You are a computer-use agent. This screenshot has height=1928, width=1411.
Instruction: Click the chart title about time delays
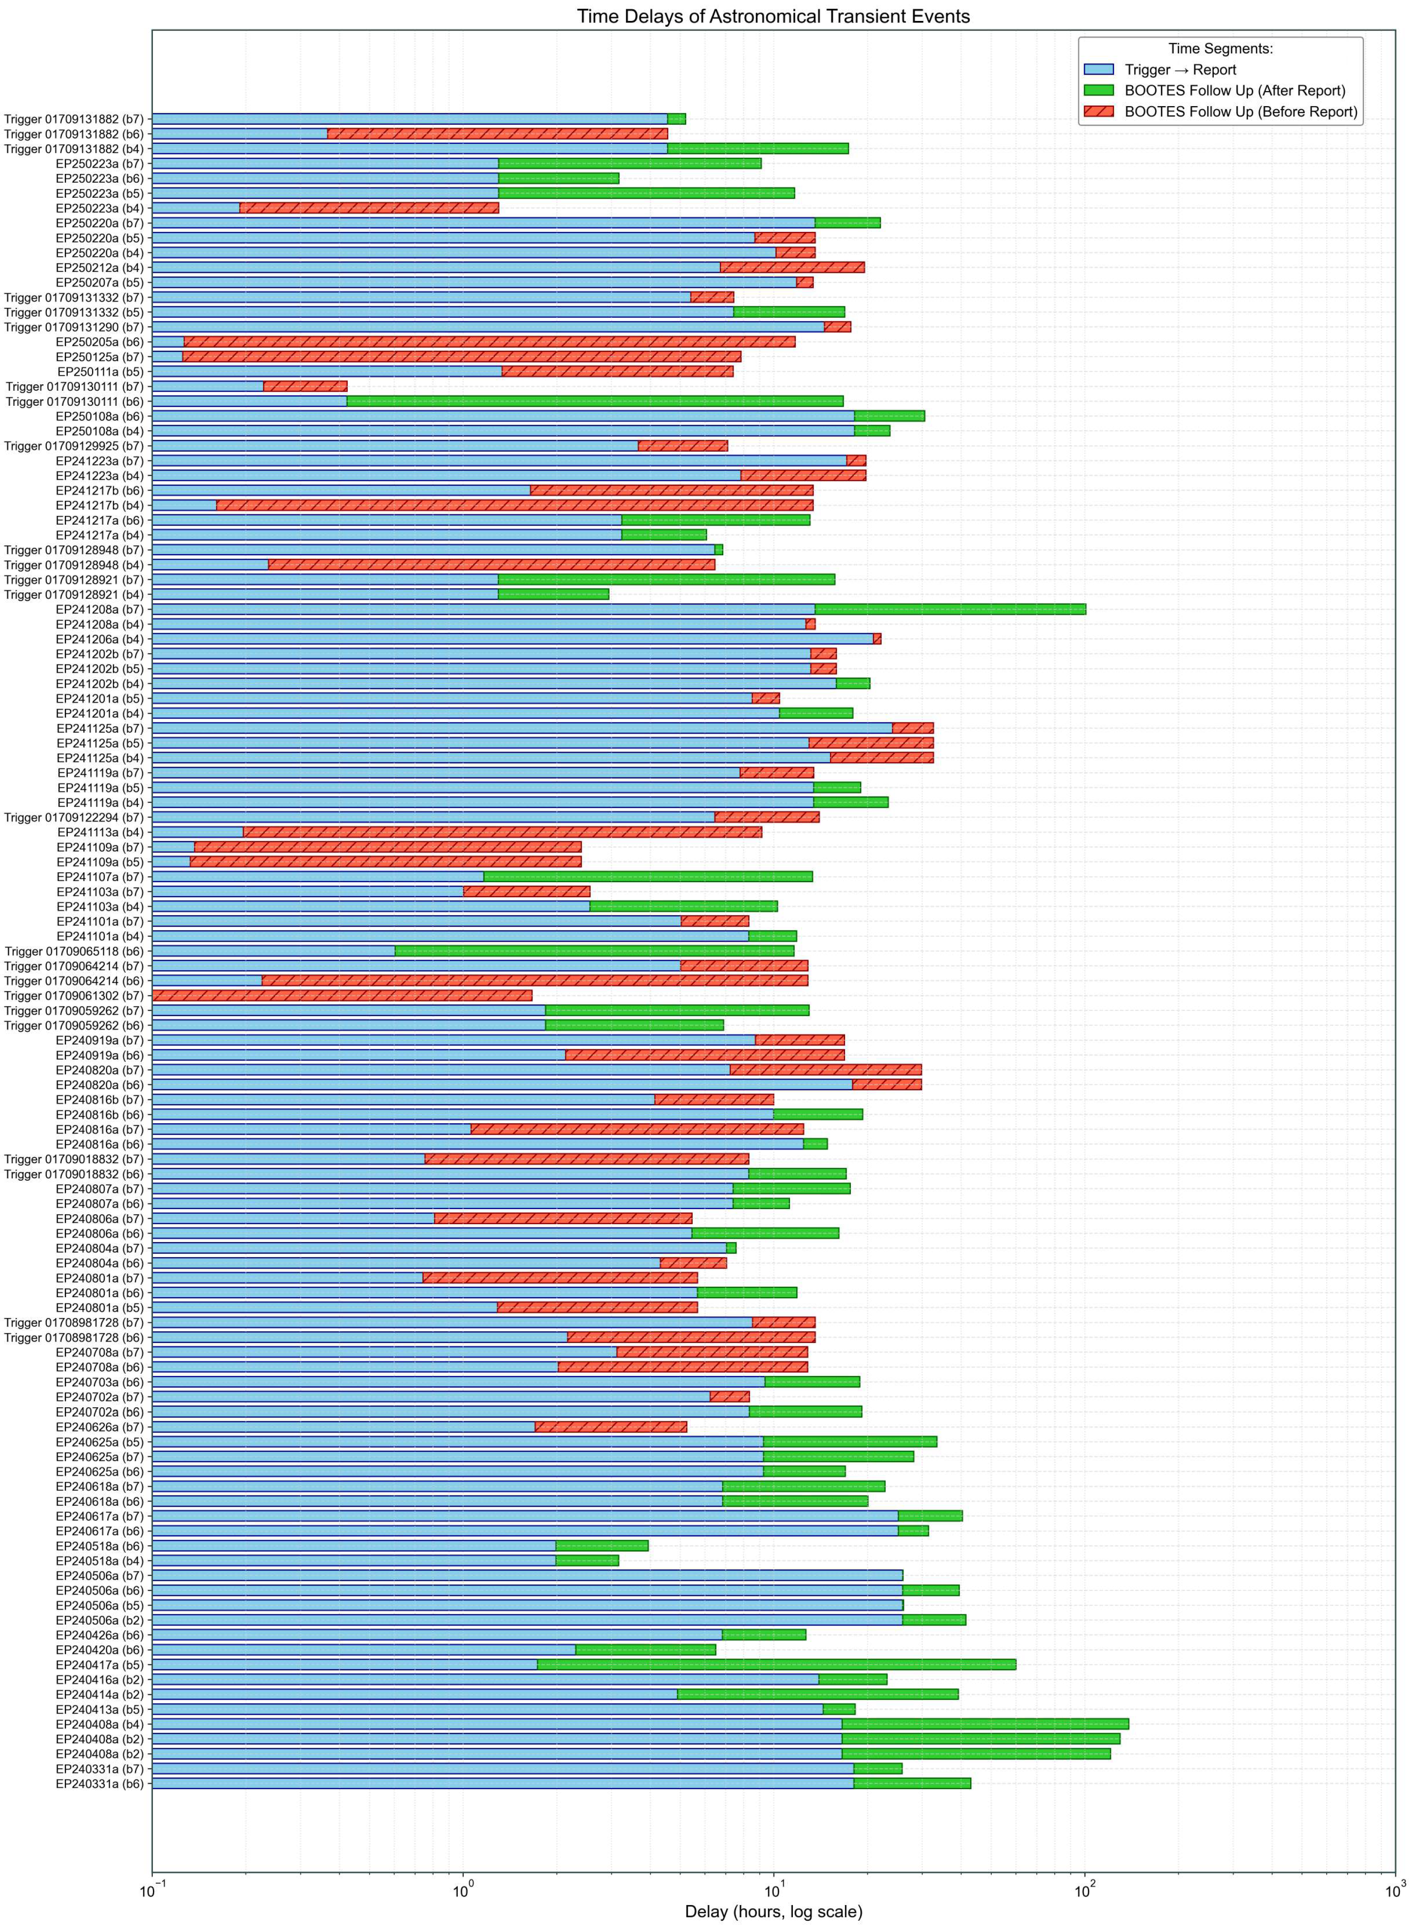773,16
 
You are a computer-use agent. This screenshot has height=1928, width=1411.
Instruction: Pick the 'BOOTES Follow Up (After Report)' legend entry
1234,91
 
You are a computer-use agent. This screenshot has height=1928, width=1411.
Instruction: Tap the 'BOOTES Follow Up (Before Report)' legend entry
1240,112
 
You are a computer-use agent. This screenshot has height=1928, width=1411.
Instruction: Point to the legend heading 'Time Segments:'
1220,49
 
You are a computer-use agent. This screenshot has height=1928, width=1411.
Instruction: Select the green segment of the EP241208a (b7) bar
950,609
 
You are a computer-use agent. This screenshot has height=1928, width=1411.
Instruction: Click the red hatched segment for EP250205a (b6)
489,341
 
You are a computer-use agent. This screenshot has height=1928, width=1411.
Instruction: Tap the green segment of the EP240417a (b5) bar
776,1664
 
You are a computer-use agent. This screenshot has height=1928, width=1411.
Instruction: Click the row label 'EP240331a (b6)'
100,1784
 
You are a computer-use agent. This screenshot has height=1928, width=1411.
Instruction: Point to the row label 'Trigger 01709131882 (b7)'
75,120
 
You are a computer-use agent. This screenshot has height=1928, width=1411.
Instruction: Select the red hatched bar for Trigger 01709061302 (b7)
341,995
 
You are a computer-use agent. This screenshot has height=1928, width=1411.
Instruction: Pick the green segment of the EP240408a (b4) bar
985,1724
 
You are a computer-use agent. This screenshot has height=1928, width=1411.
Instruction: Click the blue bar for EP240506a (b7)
527,1575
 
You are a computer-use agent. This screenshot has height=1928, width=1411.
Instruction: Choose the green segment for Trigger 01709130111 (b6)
595,401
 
